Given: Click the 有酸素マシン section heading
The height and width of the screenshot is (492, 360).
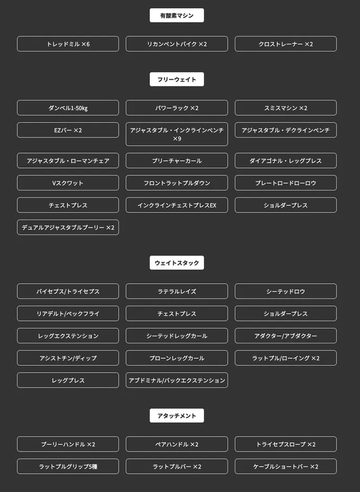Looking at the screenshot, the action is (176, 15).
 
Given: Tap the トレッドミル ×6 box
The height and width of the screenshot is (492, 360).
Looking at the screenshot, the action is (67, 44).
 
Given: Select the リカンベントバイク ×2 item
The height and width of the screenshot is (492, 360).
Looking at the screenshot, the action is (176, 44).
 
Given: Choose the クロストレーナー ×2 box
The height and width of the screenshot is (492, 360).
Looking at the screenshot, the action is (286, 44).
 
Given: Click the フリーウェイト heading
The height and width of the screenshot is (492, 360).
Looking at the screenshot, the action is (176, 80).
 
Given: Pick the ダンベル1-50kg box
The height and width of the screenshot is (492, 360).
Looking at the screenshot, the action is (67, 108).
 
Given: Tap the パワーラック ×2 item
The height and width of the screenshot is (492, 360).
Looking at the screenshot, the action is (176, 108).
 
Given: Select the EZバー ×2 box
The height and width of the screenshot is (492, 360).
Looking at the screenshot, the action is (67, 130).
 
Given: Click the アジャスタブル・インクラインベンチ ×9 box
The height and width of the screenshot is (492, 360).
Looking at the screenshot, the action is (176, 134).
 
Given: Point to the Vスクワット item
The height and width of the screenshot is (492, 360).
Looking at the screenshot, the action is (67, 183).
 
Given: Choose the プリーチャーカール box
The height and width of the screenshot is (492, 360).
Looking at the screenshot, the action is (176, 161).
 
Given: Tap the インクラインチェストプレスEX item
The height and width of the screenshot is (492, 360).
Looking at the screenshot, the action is (176, 205).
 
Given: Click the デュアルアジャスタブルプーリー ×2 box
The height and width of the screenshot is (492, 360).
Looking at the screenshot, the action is (67, 227).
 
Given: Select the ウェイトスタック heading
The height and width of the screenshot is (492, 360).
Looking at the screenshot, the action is (176, 263).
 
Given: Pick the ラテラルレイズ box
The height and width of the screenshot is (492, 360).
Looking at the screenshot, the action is (176, 291).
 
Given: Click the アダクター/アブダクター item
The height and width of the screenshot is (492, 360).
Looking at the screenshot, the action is (286, 336).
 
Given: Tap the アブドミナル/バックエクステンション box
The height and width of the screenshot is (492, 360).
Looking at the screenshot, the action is (176, 381).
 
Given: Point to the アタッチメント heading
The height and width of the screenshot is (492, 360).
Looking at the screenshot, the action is (176, 416).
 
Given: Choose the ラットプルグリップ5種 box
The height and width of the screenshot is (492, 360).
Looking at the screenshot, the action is (67, 466).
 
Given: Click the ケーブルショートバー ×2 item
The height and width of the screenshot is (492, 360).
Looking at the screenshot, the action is (286, 466).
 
